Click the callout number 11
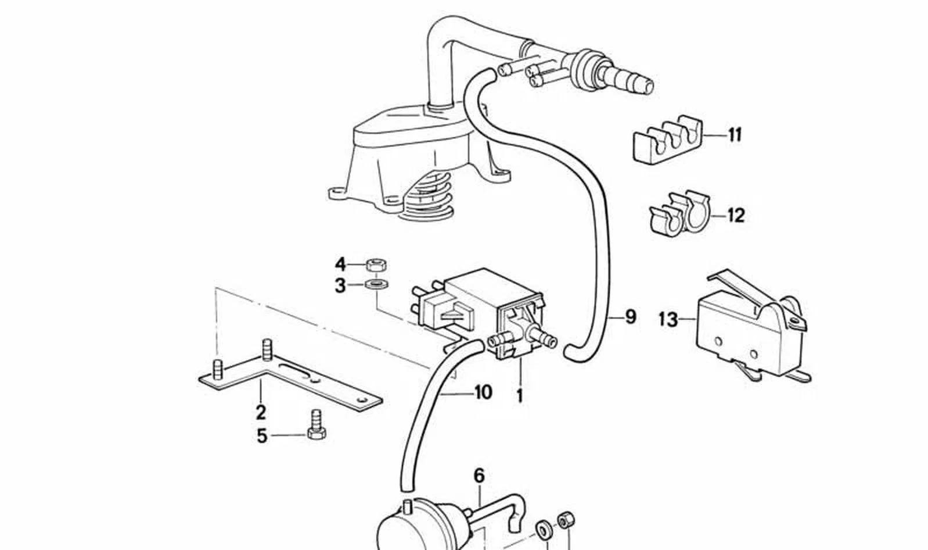coord(735,135)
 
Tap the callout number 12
coord(736,216)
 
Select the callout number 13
coord(668,320)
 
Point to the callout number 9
coord(630,317)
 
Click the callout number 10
coord(483,392)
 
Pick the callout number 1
coord(520,396)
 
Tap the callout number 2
coord(261,412)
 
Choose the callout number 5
coord(262,437)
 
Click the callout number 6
coord(479,476)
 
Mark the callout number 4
coord(340,264)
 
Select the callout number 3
coord(340,286)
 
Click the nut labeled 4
coord(376,266)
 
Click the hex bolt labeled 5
coord(316,425)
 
